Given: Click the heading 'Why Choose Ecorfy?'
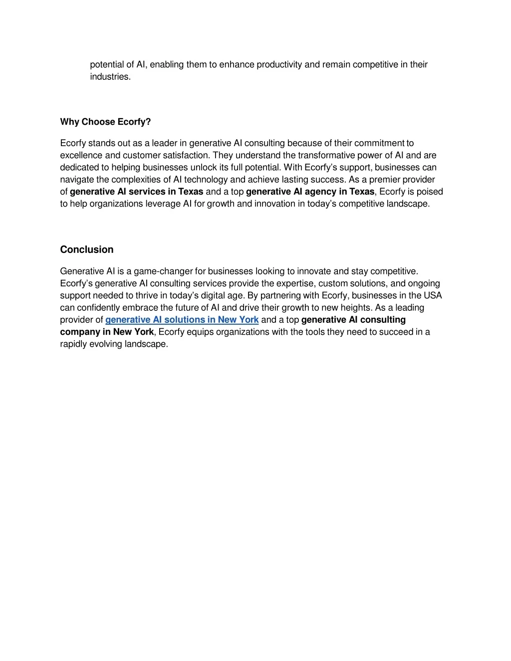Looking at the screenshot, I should (105, 122).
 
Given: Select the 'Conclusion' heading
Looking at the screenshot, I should (87, 249).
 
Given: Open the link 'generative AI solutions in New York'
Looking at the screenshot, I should (182, 320).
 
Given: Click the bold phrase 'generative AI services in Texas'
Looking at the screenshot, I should (136, 192).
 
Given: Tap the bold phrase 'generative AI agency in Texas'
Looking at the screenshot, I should (310, 192).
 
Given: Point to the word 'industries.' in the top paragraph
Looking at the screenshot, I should (110, 77).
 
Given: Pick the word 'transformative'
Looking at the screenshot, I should (325, 155).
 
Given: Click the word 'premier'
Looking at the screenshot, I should (384, 180).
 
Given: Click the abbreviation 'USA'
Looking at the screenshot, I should (433, 295).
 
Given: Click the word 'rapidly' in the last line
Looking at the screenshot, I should (74, 344).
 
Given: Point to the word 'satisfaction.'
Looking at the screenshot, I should (187, 155).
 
